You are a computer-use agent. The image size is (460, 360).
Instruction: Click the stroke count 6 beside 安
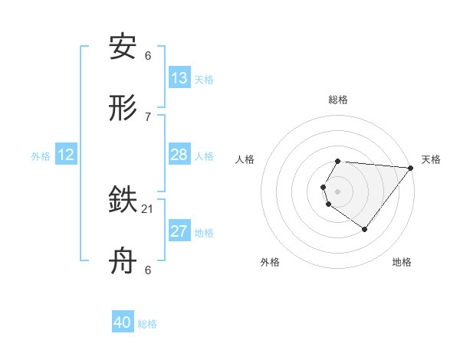click(x=148, y=55)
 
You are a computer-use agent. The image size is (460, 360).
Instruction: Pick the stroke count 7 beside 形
click(x=148, y=116)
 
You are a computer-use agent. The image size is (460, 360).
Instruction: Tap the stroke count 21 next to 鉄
click(x=148, y=208)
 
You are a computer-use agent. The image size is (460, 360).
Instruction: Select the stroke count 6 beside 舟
click(x=148, y=270)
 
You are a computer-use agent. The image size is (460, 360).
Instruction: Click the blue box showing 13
click(x=179, y=78)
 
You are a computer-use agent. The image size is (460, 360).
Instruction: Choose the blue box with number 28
click(x=179, y=155)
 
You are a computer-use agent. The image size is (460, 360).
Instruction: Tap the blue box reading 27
click(x=179, y=231)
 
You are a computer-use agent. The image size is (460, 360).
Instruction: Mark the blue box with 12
click(x=66, y=155)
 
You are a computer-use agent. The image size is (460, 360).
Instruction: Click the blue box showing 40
click(x=123, y=322)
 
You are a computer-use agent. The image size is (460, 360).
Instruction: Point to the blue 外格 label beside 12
click(x=41, y=156)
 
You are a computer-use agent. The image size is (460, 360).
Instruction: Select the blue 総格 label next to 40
click(x=147, y=324)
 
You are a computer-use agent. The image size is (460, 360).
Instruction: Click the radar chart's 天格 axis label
click(x=432, y=159)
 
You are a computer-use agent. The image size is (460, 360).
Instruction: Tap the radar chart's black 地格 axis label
click(x=402, y=262)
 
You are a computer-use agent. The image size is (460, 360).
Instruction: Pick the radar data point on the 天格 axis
click(x=410, y=168)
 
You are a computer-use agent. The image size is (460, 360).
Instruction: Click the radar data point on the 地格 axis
click(x=365, y=229)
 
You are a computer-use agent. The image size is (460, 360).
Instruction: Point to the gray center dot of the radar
click(x=338, y=191)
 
